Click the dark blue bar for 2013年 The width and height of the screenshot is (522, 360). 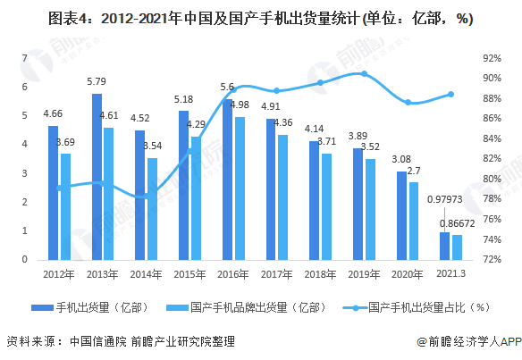tap(97, 176)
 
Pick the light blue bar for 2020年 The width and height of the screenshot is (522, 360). tap(414, 221)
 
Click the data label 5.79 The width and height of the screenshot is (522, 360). tap(97, 82)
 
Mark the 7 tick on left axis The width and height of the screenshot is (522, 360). tap(24, 58)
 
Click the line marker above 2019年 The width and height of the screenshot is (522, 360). tap(363, 73)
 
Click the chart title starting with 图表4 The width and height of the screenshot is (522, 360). tap(261, 18)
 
